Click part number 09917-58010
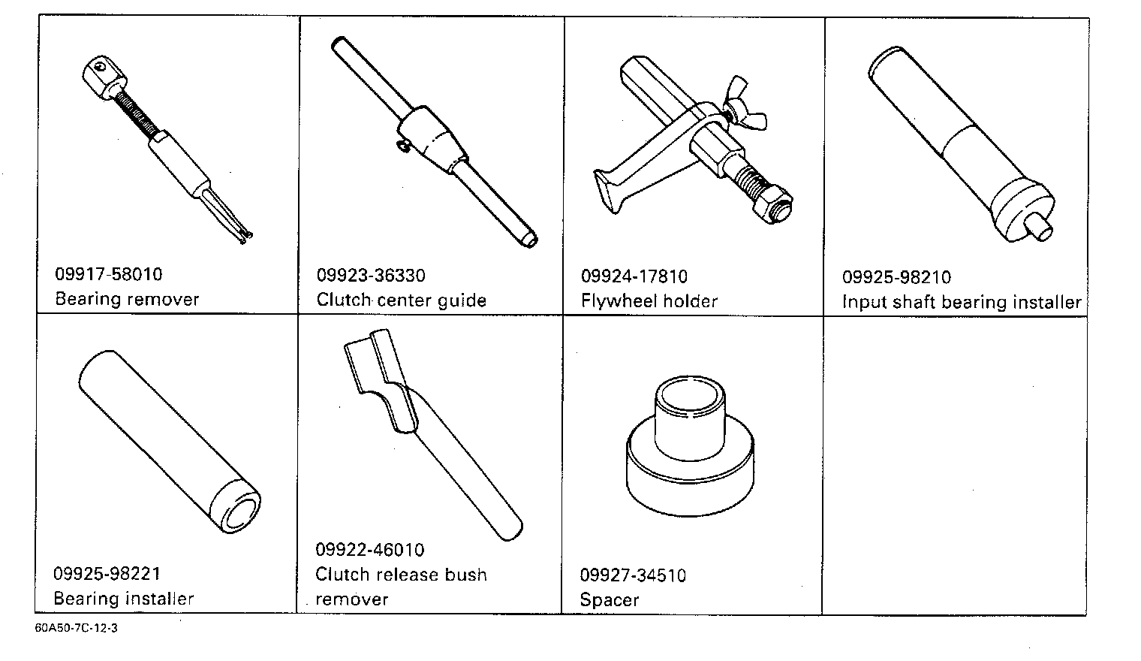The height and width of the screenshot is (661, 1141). coord(108,274)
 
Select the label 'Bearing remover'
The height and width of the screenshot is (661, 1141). coord(127,299)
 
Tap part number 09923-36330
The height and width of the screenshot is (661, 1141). coord(371,275)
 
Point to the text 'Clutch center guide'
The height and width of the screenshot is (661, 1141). coord(401,300)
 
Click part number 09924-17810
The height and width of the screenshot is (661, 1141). coord(634,276)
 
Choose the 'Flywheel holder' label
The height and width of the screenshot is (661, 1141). coord(649,301)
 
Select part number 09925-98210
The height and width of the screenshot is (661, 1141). coord(896,277)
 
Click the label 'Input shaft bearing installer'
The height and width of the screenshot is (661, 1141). coord(961,302)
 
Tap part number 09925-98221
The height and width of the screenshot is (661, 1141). coord(107,574)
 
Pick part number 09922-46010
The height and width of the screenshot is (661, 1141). coord(369,550)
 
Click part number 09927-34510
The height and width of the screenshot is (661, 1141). coord(632,575)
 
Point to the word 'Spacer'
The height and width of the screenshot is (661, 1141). coord(609,600)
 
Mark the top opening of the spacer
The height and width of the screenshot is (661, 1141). coord(690,391)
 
